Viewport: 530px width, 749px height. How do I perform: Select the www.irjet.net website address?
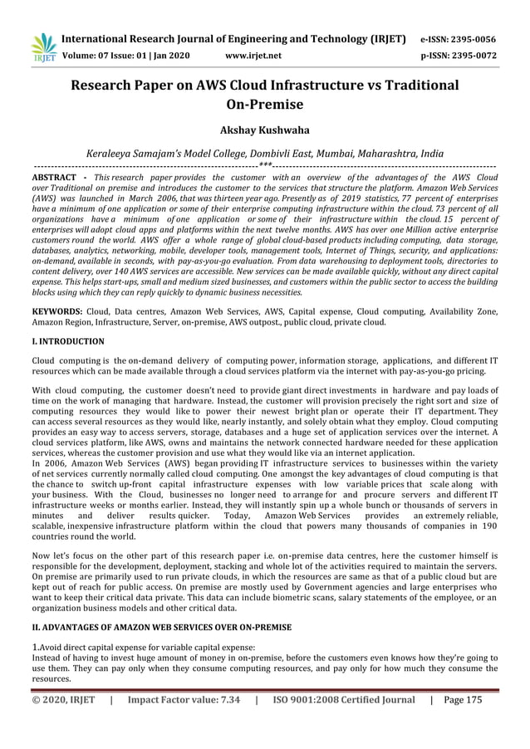point(253,56)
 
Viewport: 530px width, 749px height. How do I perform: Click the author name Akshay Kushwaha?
point(264,130)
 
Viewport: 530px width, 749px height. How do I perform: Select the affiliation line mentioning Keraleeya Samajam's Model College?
point(264,154)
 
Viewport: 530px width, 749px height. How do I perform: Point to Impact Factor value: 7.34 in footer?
point(184,700)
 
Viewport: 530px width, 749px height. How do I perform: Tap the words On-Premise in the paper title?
point(264,105)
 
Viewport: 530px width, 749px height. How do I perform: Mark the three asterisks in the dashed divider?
point(264,166)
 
